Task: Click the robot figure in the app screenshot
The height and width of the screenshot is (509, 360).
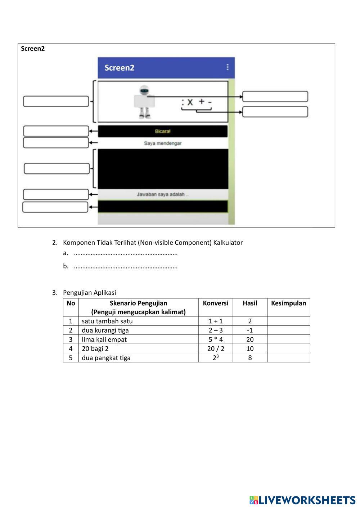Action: (144, 102)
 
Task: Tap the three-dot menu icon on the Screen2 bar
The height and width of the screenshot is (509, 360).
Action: (227, 67)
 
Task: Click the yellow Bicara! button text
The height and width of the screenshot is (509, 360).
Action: (163, 131)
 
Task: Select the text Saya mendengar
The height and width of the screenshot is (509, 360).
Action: (163, 143)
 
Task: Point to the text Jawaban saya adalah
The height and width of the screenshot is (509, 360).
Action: (162, 194)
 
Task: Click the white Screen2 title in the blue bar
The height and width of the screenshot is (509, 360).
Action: (120, 68)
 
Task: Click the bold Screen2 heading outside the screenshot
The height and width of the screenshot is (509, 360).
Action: (33, 49)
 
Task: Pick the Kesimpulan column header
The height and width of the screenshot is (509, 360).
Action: (288, 303)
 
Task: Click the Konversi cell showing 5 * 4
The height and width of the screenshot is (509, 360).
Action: (216, 339)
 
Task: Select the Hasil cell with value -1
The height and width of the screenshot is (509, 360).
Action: (250, 330)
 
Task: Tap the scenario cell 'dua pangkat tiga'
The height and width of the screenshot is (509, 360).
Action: (106, 358)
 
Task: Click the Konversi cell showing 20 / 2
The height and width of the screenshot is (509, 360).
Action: (216, 348)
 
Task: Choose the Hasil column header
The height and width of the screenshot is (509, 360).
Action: (250, 303)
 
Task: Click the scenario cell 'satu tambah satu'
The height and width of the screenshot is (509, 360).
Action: (107, 321)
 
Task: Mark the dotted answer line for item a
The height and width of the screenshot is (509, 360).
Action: (126, 254)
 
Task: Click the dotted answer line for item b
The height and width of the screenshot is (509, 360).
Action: (126, 267)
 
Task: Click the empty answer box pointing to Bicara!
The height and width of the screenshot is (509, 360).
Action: (56, 131)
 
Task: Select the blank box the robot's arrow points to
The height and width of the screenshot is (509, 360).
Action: (275, 96)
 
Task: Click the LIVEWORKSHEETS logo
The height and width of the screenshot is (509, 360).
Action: (302, 500)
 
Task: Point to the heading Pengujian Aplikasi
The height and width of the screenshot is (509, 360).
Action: (89, 293)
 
